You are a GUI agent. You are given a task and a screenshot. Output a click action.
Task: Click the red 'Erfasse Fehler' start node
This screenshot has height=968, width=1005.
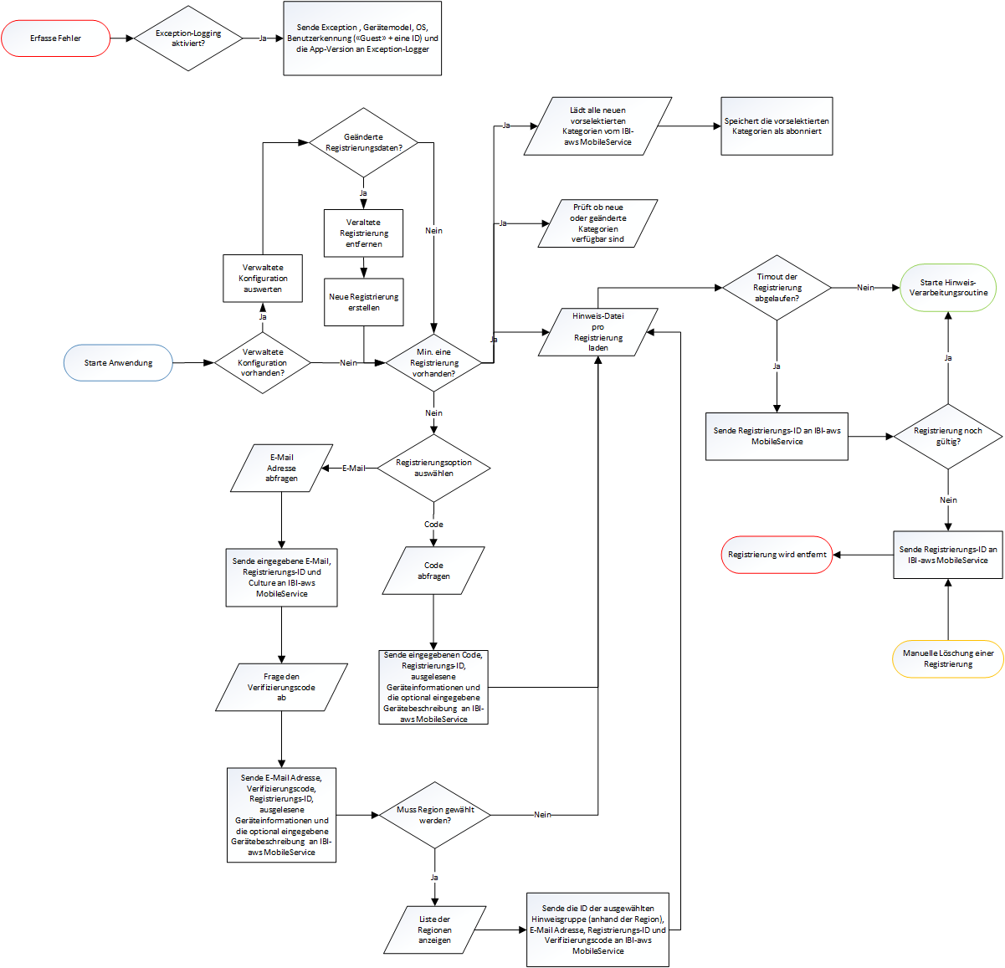click(x=56, y=38)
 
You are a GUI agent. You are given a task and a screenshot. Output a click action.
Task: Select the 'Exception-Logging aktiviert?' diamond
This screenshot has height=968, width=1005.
click(x=188, y=38)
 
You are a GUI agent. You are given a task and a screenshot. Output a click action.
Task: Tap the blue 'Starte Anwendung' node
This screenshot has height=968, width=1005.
click(x=119, y=363)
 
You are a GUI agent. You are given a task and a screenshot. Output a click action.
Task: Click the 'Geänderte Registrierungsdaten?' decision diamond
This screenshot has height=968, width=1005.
click(x=363, y=142)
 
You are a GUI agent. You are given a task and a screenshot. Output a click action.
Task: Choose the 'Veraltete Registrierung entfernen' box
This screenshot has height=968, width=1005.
click(x=363, y=233)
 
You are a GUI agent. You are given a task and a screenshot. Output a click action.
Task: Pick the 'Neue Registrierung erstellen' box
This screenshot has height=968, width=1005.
click(x=364, y=302)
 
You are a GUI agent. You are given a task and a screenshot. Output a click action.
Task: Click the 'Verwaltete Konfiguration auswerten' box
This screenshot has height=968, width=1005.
click(x=263, y=279)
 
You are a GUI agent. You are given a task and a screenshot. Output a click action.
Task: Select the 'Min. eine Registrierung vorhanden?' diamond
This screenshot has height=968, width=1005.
click(x=434, y=363)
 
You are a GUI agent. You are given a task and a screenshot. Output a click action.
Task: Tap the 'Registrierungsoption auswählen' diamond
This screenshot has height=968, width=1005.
click(x=433, y=468)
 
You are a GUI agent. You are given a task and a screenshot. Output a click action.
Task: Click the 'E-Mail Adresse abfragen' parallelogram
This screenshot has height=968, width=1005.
click(x=281, y=468)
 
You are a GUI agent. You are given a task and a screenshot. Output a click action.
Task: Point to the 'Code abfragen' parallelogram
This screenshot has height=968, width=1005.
click(x=433, y=571)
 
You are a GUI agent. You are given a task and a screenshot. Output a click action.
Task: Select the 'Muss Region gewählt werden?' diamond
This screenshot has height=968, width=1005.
click(x=434, y=815)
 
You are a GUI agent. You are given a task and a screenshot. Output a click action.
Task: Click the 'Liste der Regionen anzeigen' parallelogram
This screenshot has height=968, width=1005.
click(x=434, y=930)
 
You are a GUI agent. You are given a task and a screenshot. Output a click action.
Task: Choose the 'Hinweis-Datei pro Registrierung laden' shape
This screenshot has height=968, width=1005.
click(x=598, y=332)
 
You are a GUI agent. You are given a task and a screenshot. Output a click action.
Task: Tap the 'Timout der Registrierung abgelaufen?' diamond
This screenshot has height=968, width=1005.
click(x=777, y=287)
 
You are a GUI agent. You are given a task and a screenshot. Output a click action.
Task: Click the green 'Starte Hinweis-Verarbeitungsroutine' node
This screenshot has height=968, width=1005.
click(x=948, y=288)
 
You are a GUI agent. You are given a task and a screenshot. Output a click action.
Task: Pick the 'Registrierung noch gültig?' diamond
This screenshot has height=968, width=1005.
click(x=948, y=436)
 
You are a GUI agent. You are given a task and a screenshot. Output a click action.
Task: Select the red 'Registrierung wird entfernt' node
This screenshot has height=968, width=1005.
click(x=777, y=555)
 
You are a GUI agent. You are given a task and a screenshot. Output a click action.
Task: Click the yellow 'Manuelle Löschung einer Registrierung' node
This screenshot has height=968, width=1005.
click(x=948, y=658)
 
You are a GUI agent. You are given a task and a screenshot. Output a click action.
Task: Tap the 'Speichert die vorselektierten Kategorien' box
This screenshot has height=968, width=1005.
click(x=777, y=126)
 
